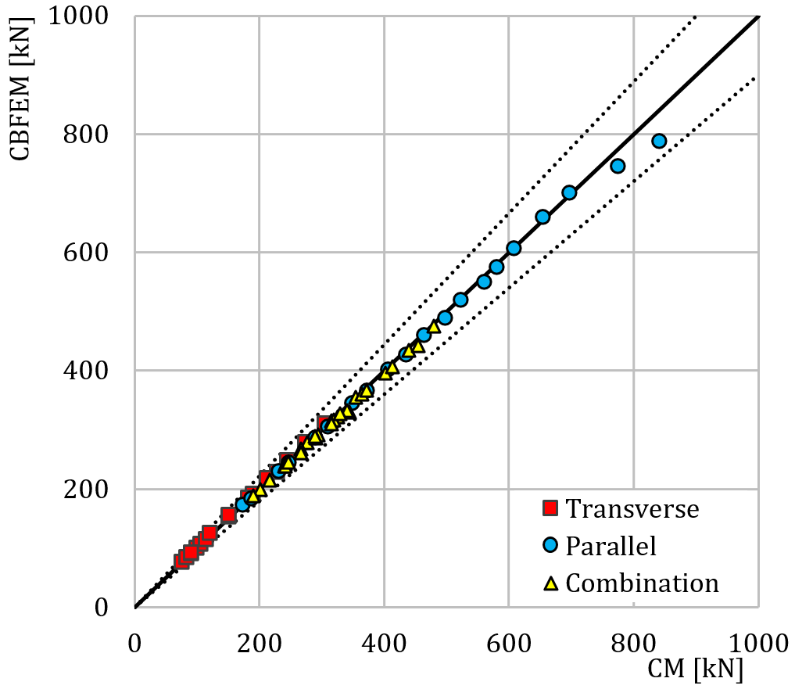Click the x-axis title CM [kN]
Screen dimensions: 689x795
point(694,669)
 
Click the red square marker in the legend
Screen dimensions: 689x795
point(551,508)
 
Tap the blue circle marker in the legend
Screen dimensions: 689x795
point(551,545)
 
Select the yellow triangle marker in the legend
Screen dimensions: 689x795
point(551,583)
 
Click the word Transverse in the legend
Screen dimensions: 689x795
point(632,508)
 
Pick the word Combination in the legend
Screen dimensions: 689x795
point(642,583)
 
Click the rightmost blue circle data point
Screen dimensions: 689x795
point(659,141)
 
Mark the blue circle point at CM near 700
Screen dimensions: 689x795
point(569,192)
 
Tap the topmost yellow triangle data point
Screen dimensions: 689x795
point(434,327)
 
